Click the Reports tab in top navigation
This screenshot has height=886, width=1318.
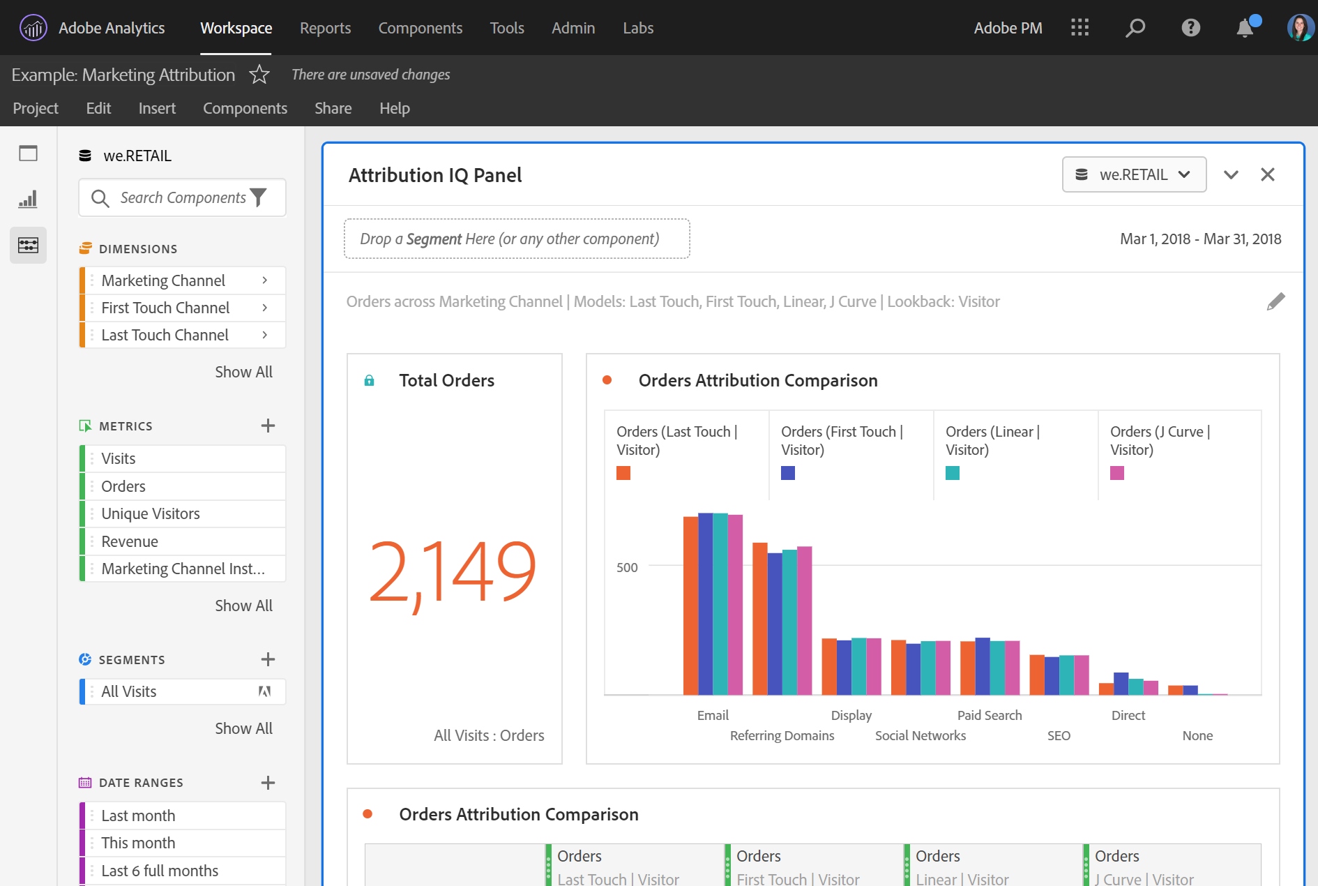point(325,28)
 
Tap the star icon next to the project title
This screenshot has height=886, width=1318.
point(259,74)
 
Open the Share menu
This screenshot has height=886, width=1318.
point(333,108)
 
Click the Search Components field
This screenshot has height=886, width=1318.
point(182,198)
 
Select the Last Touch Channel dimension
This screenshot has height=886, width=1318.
point(165,335)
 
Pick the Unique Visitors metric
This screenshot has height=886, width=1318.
point(151,513)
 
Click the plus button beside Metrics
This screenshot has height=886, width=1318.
point(268,426)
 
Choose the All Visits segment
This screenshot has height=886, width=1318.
point(129,691)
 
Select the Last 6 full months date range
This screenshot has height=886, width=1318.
point(160,871)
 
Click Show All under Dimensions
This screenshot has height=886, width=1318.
point(243,372)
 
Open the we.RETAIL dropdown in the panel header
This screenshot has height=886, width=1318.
point(1133,174)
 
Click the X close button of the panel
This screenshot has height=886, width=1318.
point(1267,174)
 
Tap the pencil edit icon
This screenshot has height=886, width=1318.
point(1275,301)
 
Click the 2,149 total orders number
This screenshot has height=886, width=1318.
point(452,572)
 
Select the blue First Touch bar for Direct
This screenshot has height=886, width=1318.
point(1121,684)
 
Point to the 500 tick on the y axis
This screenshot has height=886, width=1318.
point(627,567)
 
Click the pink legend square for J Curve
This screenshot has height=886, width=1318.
point(1116,473)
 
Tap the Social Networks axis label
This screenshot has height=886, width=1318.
point(920,735)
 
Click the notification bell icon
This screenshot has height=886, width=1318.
point(1244,29)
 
